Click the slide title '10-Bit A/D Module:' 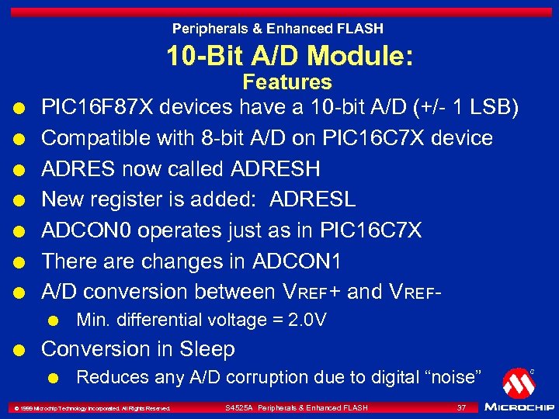(x=289, y=55)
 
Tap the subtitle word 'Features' (x=287, y=82)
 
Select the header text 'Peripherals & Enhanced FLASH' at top (x=277, y=29)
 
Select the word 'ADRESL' (x=312, y=199)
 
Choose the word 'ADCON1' (x=297, y=261)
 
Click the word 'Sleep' (x=207, y=349)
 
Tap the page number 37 (x=461, y=407)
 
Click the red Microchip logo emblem (x=518, y=383)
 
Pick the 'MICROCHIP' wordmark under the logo (x=519, y=407)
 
